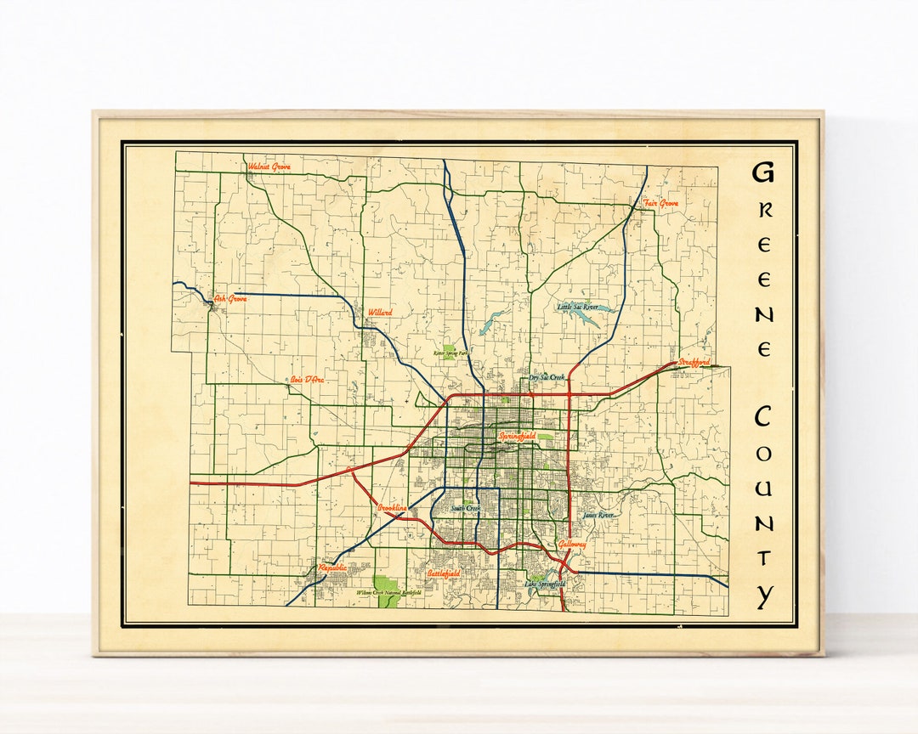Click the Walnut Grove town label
269,167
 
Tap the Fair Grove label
660,203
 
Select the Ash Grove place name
230,299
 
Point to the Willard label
380,313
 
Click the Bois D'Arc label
307,380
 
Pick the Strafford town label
694,363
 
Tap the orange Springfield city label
518,436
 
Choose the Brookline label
393,508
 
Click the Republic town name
333,567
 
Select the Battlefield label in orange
444,575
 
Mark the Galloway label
572,544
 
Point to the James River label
598,515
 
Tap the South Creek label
466,509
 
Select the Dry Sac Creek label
547,377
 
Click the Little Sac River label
578,307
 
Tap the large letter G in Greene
763,172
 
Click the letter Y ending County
764,596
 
